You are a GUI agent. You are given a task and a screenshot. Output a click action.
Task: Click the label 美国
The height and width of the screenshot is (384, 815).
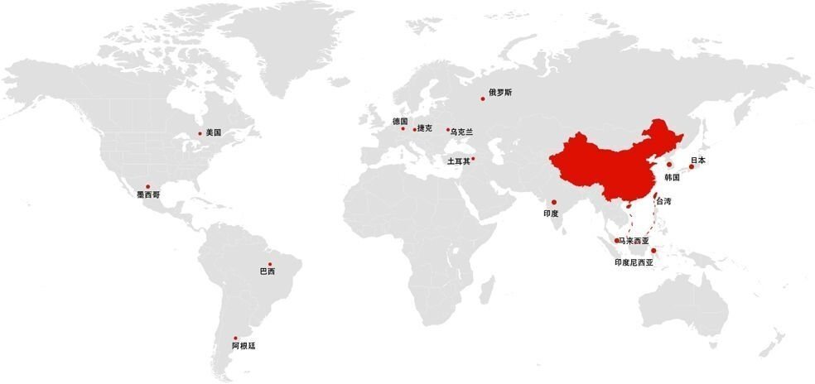(214, 132)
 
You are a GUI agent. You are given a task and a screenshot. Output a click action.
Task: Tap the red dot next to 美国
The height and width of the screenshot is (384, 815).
(200, 133)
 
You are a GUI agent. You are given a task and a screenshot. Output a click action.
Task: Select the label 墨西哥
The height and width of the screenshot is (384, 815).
(149, 195)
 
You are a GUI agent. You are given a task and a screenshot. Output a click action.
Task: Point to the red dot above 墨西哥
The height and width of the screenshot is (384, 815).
(147, 186)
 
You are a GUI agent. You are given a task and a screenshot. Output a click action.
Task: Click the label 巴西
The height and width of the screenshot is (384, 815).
(268, 271)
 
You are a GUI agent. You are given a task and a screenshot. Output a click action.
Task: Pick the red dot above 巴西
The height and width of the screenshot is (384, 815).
(270, 264)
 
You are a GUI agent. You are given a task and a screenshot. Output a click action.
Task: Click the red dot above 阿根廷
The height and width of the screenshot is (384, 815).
(235, 338)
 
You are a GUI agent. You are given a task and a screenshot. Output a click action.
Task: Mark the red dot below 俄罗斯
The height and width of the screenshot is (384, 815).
(483, 99)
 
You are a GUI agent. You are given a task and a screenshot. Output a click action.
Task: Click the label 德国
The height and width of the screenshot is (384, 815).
(400, 121)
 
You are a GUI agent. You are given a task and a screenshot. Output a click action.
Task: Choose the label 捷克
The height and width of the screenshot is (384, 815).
(425, 128)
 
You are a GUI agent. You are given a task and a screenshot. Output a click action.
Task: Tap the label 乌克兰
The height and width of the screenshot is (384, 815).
(462, 132)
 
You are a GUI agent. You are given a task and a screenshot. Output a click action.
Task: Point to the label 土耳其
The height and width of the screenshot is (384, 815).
(458, 161)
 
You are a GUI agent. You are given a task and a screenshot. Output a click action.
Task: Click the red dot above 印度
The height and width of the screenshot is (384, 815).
(554, 202)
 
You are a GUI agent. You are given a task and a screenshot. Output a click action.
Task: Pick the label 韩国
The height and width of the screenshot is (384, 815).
(672, 177)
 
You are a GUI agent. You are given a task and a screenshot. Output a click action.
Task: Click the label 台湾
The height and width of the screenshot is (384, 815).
(663, 201)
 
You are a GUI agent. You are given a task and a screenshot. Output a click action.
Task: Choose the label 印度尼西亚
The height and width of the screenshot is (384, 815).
(634, 262)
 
